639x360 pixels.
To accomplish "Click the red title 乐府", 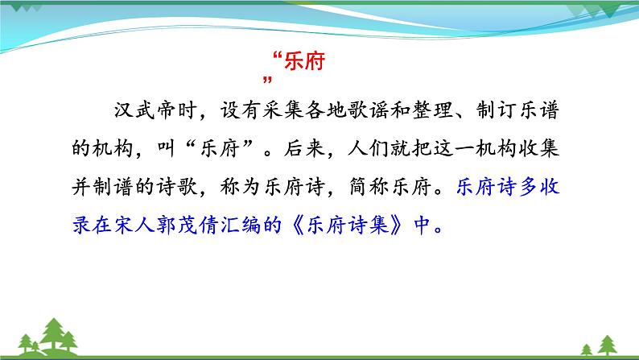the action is tap(304, 61).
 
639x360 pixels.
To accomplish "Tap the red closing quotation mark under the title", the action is tap(267, 80).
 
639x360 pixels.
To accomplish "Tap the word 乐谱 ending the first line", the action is tap(539, 110).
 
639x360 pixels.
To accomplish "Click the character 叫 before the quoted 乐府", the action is tap(167, 148).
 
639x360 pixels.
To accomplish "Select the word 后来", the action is tap(304, 148).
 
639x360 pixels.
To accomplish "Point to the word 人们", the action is tap(369, 148).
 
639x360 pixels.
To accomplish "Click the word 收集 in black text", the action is tap(539, 148).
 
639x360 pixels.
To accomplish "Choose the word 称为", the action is tap(241, 186).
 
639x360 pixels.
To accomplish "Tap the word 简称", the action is tap(369, 186).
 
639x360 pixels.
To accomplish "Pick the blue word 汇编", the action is tap(241, 225).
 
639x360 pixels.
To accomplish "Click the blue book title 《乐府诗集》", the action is tap(348, 225).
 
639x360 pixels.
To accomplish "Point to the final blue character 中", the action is tap(423, 225).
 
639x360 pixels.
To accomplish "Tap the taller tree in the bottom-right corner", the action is tap(608, 345).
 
